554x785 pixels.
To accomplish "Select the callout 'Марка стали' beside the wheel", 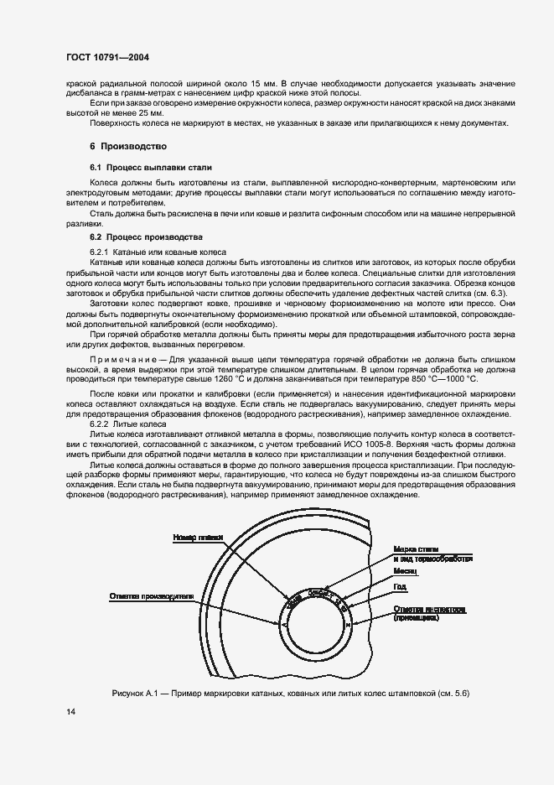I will coord(418,548).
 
